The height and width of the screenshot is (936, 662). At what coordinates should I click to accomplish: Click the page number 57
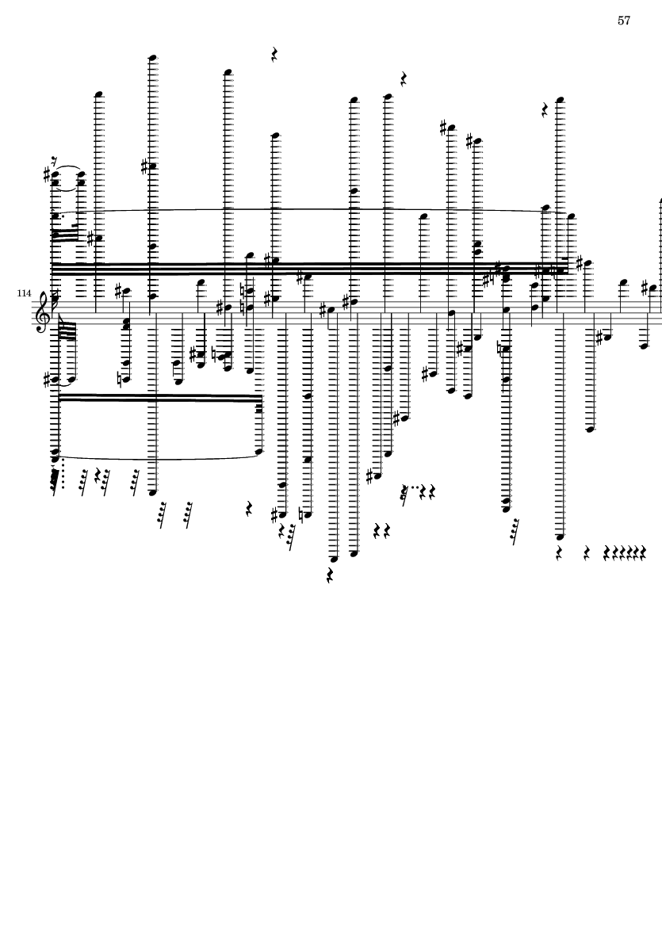click(624, 21)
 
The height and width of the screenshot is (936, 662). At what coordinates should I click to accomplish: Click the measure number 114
click(24, 293)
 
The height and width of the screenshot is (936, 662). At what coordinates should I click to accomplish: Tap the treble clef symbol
click(43, 311)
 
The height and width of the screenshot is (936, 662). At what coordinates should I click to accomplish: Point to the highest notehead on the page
click(153, 58)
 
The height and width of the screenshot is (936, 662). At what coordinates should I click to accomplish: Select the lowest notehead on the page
click(335, 560)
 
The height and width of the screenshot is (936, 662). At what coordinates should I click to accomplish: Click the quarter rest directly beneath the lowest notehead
click(330, 575)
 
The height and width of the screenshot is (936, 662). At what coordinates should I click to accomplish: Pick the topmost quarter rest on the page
click(274, 55)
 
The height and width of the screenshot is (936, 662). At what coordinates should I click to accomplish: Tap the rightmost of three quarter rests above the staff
click(545, 110)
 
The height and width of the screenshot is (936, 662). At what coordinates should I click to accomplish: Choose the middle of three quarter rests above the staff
click(404, 79)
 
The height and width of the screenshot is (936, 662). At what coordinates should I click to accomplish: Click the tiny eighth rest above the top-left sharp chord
click(55, 162)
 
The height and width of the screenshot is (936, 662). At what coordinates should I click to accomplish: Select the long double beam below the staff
click(158, 398)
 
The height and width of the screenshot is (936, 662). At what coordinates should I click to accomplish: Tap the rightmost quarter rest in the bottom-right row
click(643, 553)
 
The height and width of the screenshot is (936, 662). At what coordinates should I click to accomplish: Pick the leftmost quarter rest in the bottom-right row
click(559, 553)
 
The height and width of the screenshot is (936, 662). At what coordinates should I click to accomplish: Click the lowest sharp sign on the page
click(275, 514)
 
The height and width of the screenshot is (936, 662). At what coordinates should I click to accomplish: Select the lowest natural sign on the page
click(304, 514)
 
